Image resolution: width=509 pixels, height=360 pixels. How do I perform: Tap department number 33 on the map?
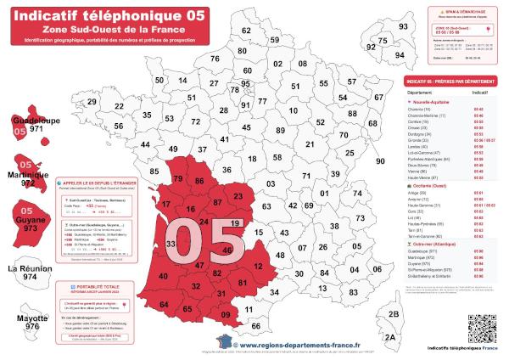171,245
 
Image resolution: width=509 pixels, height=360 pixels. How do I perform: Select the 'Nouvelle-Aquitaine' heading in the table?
428,102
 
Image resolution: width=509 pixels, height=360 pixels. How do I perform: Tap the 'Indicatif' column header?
479,89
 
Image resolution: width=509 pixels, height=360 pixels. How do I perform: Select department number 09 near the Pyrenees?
225,315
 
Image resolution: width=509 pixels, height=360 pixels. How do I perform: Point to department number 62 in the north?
246,31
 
